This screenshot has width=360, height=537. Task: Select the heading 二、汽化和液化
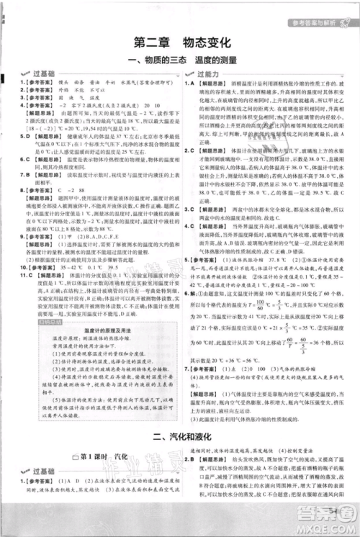(x=180, y=435)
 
